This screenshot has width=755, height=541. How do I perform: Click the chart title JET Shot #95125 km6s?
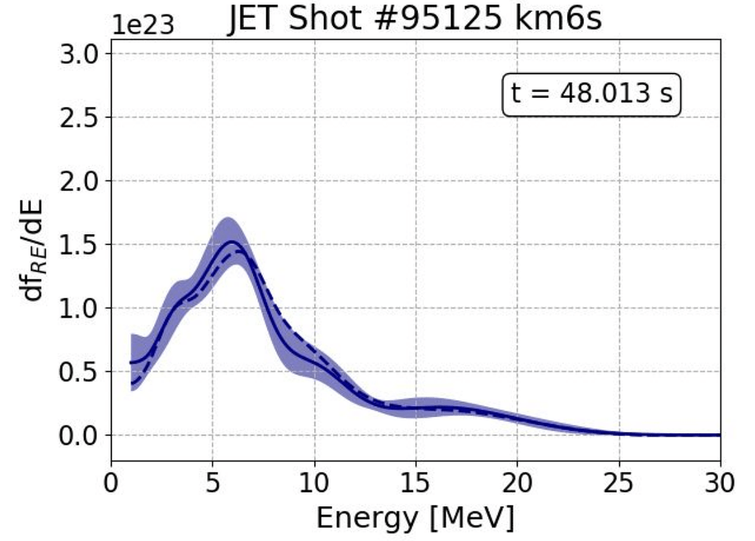[x=414, y=19]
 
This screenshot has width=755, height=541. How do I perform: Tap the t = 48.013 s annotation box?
[x=591, y=94]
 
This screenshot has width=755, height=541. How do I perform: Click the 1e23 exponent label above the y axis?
[x=143, y=25]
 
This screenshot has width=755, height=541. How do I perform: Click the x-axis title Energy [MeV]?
[x=415, y=517]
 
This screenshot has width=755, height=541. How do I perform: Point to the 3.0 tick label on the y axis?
[x=80, y=54]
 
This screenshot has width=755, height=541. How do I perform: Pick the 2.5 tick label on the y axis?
[x=80, y=117]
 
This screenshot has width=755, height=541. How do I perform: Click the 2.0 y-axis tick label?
[x=80, y=181]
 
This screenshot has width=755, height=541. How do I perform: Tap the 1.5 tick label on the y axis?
[x=80, y=245]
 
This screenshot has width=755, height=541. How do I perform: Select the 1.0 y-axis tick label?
[x=80, y=308]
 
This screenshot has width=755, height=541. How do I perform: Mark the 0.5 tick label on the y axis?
[x=80, y=372]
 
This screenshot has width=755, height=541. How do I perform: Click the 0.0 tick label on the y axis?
[x=80, y=436]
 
